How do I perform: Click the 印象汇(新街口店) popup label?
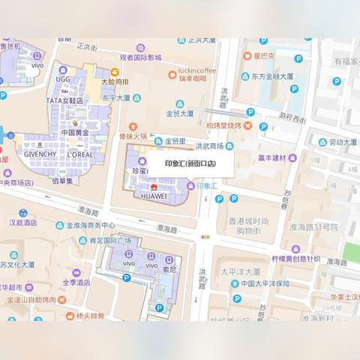pyautogui.click(x=190, y=161)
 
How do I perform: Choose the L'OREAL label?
pyautogui.click(x=80, y=154)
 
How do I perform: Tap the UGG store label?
pyautogui.click(x=62, y=78)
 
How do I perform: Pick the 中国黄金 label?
pyautogui.click(x=75, y=133)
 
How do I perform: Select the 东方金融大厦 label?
pyautogui.click(x=271, y=76)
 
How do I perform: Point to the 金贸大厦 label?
pyautogui.click(x=179, y=113)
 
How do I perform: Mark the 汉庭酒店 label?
pyautogui.click(x=22, y=223)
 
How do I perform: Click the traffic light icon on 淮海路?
pyautogui.click(x=205, y=237)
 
